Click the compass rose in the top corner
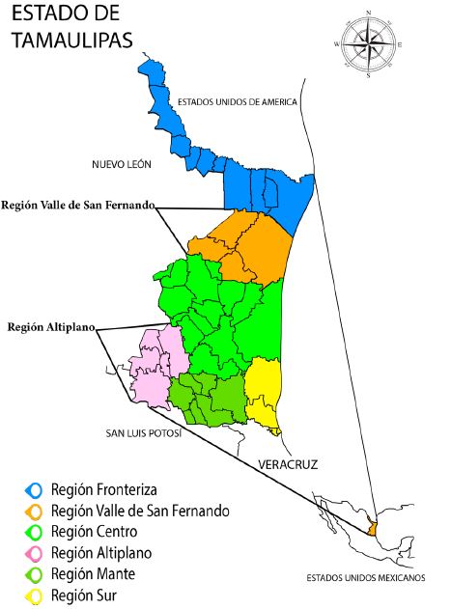[368, 43]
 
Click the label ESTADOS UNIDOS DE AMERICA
[239, 102]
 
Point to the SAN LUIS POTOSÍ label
[144, 432]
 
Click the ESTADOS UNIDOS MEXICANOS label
[365, 578]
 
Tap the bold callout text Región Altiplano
[50, 327]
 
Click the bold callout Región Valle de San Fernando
[78, 205]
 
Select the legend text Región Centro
[94, 532]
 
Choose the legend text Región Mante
[92, 574]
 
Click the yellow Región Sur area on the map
[262, 390]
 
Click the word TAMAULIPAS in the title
[73, 40]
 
